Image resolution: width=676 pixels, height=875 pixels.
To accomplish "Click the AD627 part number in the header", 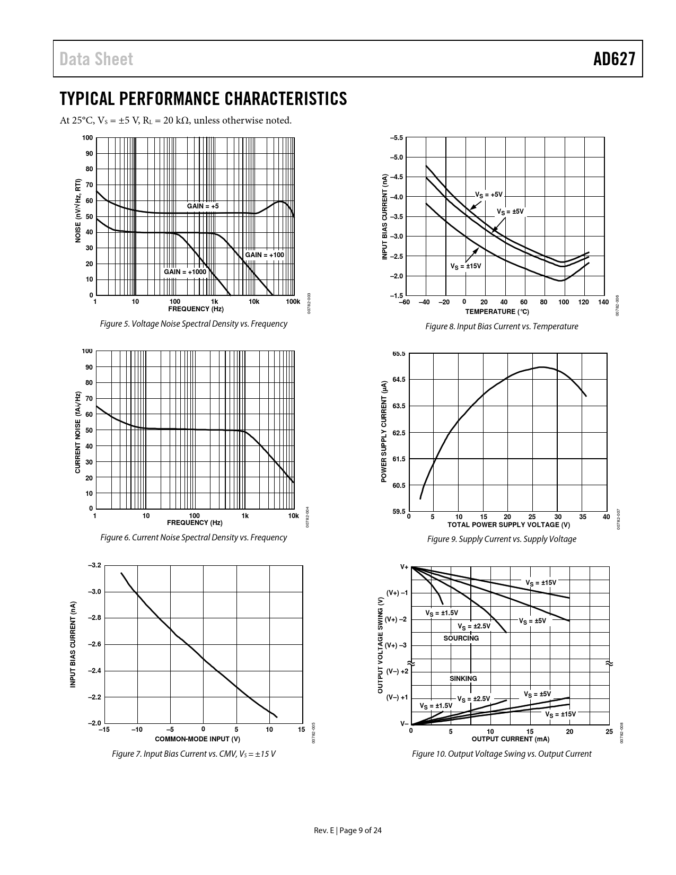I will (x=614, y=59).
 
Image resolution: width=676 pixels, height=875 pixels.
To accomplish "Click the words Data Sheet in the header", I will (x=96, y=59).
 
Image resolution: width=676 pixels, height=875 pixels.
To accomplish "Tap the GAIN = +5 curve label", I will (x=203, y=206).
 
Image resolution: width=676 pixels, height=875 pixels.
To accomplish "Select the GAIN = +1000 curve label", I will (x=185, y=272).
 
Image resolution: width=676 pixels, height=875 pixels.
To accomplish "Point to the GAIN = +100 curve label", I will (x=265, y=255).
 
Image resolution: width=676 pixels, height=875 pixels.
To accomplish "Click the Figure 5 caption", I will (x=194, y=323).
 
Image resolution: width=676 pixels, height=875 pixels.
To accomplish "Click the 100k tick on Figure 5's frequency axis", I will (x=293, y=302).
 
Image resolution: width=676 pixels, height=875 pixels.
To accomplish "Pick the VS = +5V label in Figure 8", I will (x=488, y=195).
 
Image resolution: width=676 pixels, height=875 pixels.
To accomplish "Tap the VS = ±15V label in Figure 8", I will (x=466, y=266).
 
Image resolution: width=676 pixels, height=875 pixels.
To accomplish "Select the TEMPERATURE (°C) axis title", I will (x=497, y=311).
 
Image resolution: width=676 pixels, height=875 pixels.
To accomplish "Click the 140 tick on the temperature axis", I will (x=603, y=302).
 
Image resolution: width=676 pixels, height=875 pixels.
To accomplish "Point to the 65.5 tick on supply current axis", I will (x=399, y=354).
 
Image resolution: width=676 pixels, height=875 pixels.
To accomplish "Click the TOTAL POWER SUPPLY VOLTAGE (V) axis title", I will (x=508, y=525).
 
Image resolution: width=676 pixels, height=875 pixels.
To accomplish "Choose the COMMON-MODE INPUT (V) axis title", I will (x=197, y=739).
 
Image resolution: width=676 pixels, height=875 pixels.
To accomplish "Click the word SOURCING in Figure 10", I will (x=461, y=638).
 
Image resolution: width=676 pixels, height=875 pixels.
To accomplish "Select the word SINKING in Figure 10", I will (x=463, y=678).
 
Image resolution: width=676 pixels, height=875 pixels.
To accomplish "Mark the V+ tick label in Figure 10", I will (x=404, y=567).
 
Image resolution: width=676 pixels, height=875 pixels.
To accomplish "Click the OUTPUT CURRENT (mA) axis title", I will (x=510, y=739).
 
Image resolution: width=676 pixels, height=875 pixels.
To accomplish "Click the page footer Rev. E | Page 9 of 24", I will (x=348, y=830).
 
